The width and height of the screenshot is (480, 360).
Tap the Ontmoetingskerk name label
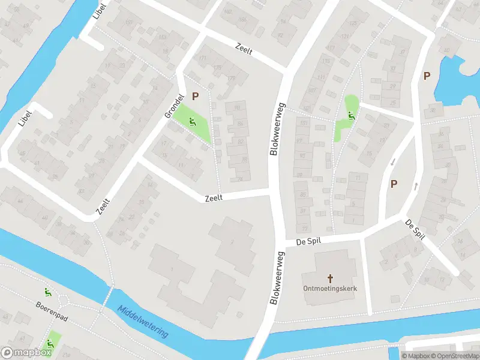tap(330, 289)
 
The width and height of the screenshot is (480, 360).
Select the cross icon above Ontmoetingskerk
tap(330, 278)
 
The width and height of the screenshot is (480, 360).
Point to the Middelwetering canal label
tap(143, 322)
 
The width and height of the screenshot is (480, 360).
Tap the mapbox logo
tap(26, 353)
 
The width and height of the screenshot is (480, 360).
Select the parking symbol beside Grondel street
tap(196, 95)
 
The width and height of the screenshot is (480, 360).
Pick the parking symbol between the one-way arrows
tap(394, 184)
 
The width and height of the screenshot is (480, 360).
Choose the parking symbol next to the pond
tap(427, 76)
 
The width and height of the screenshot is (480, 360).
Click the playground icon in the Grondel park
tap(192, 123)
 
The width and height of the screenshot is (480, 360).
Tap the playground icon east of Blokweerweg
tap(350, 115)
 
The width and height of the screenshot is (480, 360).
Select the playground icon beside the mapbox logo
tap(50, 343)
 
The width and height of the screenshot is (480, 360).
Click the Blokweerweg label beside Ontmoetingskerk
tap(277, 278)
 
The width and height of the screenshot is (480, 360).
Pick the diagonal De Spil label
tap(415, 229)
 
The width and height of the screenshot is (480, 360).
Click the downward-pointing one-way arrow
tap(393, 162)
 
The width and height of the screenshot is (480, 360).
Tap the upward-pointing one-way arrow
tap(416, 186)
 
